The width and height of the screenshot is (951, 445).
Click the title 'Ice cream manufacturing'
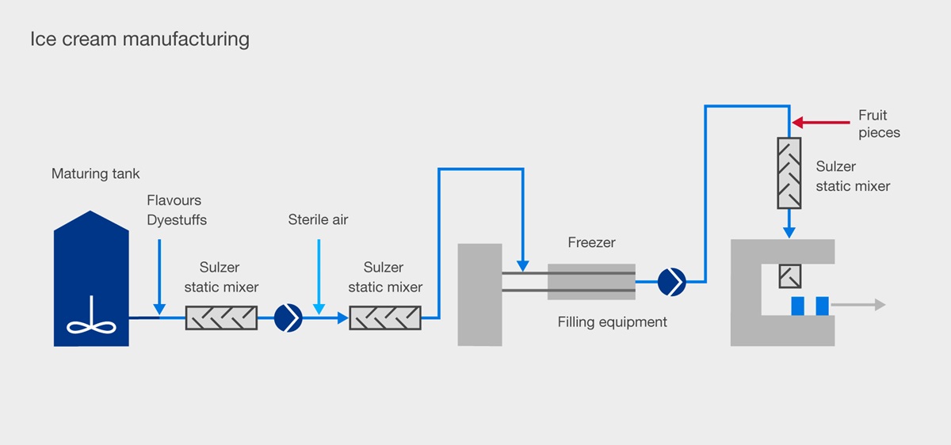pyautogui.click(x=139, y=39)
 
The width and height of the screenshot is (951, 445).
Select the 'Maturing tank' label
pyautogui.click(x=95, y=173)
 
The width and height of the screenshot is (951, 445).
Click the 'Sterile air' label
pyautogui.click(x=318, y=219)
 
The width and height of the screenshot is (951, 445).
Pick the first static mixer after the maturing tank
pyautogui.click(x=221, y=318)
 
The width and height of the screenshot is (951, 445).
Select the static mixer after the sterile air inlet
pyautogui.click(x=384, y=318)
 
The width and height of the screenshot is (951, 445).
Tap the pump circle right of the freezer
pyautogui.click(x=672, y=280)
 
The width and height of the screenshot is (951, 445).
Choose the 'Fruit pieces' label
pyautogui.click(x=879, y=124)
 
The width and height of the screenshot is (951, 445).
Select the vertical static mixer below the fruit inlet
pyautogui.click(x=789, y=173)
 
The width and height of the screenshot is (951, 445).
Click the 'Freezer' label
pyautogui.click(x=591, y=242)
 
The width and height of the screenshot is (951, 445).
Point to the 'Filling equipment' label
pyautogui.click(x=612, y=322)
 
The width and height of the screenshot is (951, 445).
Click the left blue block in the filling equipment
pyautogui.click(x=796, y=305)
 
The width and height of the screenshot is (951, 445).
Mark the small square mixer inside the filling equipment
pyautogui.click(x=789, y=276)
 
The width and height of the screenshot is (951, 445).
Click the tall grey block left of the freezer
pyautogui.click(x=480, y=295)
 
